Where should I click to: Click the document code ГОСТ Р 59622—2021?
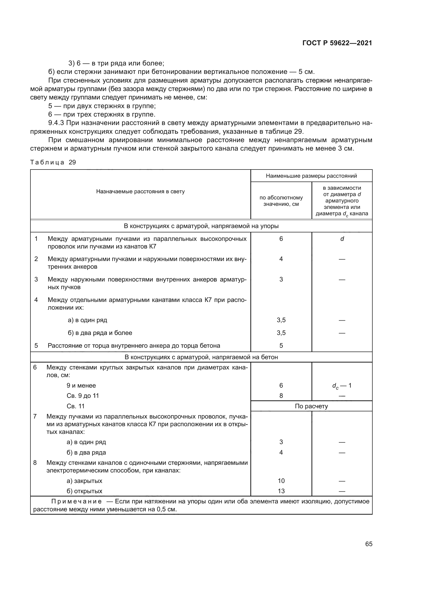tap(337, 43)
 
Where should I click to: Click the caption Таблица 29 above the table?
tap(53, 162)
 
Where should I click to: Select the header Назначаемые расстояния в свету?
tap(140, 191)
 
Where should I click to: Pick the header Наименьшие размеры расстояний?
tap(311, 176)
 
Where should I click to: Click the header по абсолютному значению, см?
tap(281, 201)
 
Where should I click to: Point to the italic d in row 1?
tap(342, 239)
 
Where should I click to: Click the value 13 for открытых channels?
tap(281, 491)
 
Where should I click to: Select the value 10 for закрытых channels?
tap(281, 481)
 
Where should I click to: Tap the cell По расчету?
tap(311, 406)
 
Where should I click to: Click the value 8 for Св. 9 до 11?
tap(281, 396)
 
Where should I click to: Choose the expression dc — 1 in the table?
tap(342, 386)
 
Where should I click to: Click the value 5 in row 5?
tap(281, 346)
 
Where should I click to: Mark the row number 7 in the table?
tap(35, 416)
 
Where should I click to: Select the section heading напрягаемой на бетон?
tap(201, 357)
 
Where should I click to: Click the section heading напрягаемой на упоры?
tap(201, 226)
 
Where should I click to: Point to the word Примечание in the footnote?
tap(76, 501)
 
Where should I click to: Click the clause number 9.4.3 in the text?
tap(58, 123)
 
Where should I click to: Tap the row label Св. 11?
tap(75, 406)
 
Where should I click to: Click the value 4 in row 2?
tap(281, 259)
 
